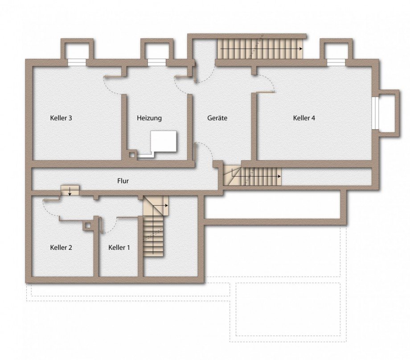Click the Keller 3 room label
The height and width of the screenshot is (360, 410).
click(x=61, y=118)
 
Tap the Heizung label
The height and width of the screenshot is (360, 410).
click(x=149, y=118)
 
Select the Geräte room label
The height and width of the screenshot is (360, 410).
click(x=217, y=118)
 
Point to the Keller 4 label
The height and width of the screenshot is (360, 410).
click(x=304, y=118)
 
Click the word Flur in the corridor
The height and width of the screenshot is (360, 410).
click(x=123, y=181)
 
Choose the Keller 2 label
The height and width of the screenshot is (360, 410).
click(x=61, y=248)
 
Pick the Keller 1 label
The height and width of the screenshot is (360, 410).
click(x=119, y=248)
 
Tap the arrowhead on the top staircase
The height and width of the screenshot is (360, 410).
click(x=301, y=49)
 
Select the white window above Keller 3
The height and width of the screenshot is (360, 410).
click(x=77, y=62)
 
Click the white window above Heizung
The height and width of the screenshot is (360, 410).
click(x=156, y=62)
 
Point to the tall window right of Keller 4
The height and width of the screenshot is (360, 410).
click(x=375, y=113)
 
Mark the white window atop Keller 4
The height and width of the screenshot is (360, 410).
click(x=336, y=62)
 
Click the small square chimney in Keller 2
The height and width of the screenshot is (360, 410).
click(x=88, y=225)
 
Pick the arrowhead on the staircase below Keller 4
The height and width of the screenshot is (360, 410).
click(x=279, y=177)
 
